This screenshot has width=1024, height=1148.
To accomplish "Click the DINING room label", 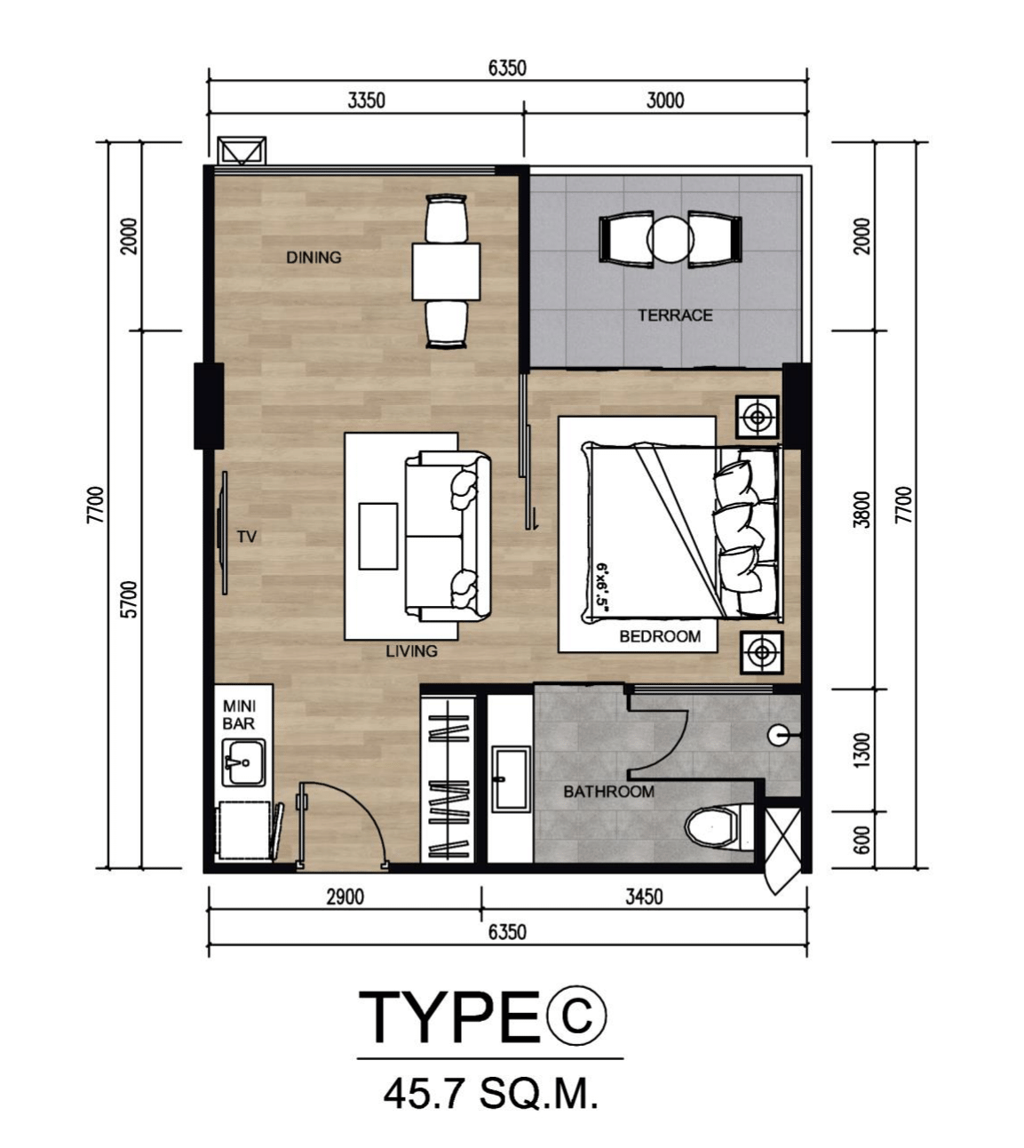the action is [314, 258].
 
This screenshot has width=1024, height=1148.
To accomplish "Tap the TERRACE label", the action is [675, 315].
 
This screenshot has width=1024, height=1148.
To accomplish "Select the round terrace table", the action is [671, 240].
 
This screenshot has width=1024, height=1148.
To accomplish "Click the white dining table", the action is [447, 271].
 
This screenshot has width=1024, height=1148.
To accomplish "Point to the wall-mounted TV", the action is [224, 532].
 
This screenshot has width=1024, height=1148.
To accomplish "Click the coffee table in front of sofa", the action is [378, 536].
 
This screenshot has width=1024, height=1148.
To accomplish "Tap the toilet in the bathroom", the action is [718, 827].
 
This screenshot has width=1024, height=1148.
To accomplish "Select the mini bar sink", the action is [243, 762].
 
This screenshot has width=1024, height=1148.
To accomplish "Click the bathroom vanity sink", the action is [511, 778].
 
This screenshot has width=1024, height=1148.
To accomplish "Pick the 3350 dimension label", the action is [367, 101].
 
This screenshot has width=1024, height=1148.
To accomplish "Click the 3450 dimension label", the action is [644, 897].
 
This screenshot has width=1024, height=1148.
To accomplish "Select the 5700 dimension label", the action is [131, 600].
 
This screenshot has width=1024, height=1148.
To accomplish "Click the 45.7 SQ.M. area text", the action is [490, 1094].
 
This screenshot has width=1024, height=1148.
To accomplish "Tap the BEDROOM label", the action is [660, 636].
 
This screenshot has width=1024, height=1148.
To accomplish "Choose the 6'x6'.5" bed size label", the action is [601, 588].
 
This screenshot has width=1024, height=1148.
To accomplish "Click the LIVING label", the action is [412, 651].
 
